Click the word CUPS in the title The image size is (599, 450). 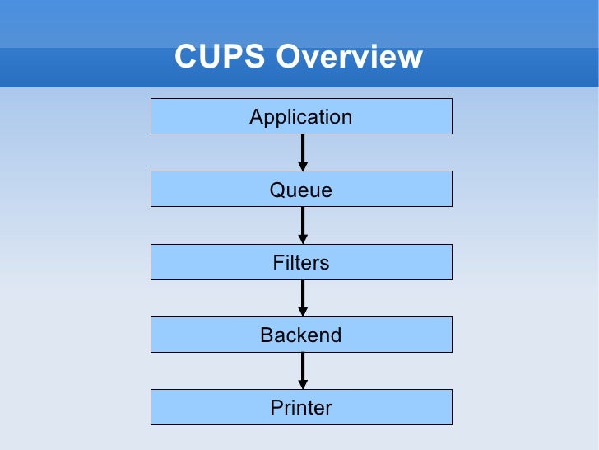[220, 57]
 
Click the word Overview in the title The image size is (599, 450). [349, 57]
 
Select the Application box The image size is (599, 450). [301, 116]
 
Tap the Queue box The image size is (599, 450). [301, 190]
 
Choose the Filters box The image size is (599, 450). [301, 262]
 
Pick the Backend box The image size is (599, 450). [301, 335]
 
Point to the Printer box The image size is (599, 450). [301, 407]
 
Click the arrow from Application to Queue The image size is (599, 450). [303, 150]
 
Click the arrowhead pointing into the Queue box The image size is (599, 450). [303, 166]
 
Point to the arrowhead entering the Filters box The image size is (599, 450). [303, 239]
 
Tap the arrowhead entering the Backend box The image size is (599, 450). [303, 312]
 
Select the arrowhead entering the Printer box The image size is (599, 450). [303, 384]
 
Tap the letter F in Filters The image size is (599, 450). [278, 262]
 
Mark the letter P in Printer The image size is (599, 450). [276, 407]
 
